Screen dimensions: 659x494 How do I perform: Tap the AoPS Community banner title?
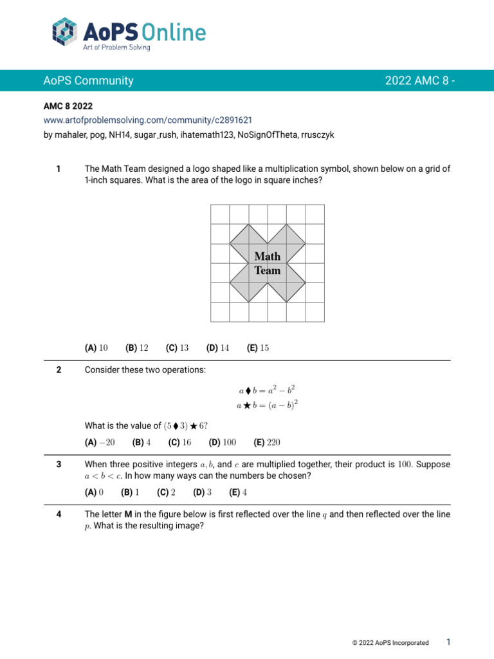(x=88, y=81)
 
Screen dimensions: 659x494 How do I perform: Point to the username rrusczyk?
(x=313, y=135)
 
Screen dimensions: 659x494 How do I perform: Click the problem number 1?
(x=59, y=169)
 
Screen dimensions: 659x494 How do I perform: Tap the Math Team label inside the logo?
(x=268, y=263)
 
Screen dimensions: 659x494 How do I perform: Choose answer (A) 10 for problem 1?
(x=96, y=348)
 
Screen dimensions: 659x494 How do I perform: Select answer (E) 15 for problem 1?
(x=257, y=348)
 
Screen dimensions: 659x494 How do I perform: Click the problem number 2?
(x=59, y=369)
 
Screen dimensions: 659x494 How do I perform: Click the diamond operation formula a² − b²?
(x=267, y=390)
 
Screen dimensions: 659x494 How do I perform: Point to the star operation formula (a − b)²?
(x=267, y=405)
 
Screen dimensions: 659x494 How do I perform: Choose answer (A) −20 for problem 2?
(x=100, y=443)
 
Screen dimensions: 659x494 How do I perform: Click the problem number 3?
(x=59, y=464)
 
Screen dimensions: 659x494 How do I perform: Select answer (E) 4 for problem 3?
(x=238, y=492)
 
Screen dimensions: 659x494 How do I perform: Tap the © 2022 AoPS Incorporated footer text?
(x=390, y=643)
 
